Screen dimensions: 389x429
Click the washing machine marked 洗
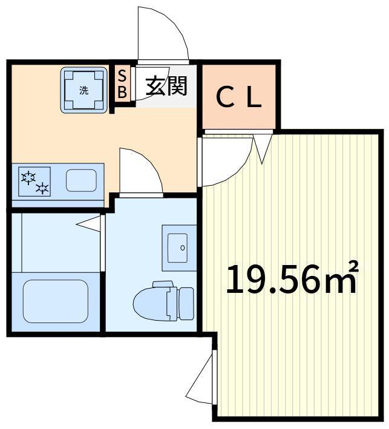coord(83,90)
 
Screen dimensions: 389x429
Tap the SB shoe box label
coord(122,84)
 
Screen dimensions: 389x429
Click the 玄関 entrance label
coord(166,86)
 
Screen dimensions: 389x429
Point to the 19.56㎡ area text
coord(292,279)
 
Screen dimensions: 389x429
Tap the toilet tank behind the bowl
coord(186,303)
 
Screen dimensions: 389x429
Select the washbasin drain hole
coord(183,248)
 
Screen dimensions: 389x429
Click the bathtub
coord(56,301)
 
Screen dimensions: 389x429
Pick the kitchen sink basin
coord(81,180)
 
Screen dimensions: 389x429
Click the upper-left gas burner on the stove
coord(28,177)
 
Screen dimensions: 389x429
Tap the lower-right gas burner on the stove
coord(42,188)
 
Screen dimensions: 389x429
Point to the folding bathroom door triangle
coord(89,224)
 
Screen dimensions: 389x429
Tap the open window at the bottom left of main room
coord(201,378)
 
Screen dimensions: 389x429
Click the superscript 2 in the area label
coord(354,266)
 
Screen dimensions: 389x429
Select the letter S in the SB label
coord(122,76)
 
